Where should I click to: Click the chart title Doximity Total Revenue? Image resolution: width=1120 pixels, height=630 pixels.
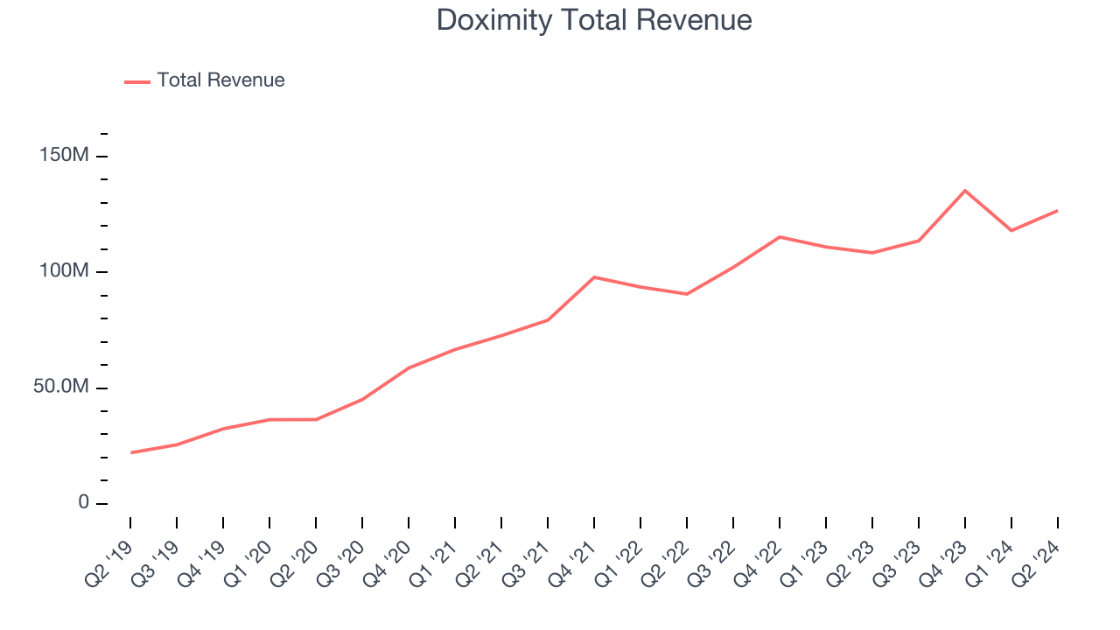coord(594,20)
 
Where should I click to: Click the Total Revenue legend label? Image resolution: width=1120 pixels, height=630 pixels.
coord(220,80)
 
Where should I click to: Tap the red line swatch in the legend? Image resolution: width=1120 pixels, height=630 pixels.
coord(137,81)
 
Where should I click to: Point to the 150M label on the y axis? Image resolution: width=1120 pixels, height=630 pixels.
coord(64,156)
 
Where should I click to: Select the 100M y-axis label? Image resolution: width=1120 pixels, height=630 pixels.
coord(64,271)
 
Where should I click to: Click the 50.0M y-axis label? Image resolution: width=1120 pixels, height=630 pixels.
coord(61,388)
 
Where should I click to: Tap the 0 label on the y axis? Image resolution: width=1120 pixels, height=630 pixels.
coord(84,503)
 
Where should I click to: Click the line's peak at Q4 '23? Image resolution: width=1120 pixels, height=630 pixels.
coord(965,191)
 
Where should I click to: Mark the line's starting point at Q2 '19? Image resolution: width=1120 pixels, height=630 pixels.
coord(131,452)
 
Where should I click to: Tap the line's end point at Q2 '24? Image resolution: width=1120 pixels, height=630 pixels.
coord(1057,211)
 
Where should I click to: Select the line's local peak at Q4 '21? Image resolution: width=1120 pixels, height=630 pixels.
coord(594,277)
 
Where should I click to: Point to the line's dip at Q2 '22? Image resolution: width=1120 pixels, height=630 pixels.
coord(687,294)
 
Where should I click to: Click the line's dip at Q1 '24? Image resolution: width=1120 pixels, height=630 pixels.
coord(1011,230)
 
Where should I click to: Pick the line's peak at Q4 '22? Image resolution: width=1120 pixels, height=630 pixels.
coord(780,237)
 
